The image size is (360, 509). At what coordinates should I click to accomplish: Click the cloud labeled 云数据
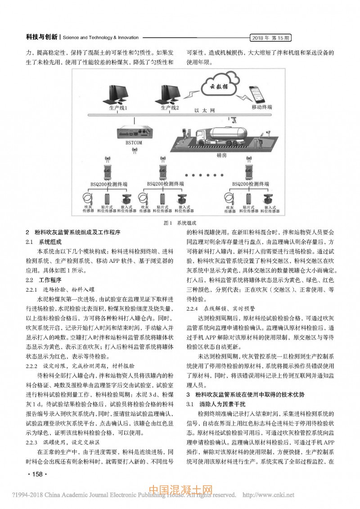(x=215, y=87)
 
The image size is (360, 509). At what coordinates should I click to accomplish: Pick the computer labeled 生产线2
(x=165, y=95)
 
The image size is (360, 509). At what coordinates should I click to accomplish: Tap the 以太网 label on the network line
(x=205, y=110)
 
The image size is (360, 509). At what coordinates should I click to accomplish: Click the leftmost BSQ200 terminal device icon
(x=108, y=171)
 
